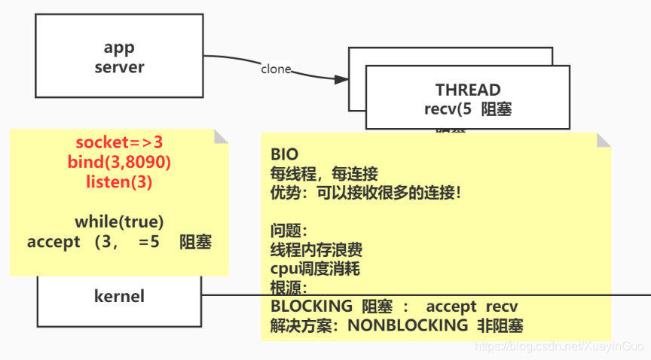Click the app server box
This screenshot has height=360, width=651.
click(x=119, y=56)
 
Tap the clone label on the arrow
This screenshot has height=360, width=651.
click(x=276, y=69)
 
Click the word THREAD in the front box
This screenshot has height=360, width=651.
click(x=468, y=90)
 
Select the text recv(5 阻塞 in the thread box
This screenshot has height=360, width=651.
click(x=468, y=108)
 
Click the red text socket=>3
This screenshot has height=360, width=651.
click(x=119, y=143)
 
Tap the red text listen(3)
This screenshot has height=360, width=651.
click(x=119, y=181)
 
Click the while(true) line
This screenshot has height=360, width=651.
click(x=119, y=221)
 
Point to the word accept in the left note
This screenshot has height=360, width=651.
click(x=53, y=242)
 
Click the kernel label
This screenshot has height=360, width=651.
click(x=119, y=296)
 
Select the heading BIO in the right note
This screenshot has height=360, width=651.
click(x=284, y=154)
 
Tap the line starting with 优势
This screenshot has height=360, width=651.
click(x=365, y=193)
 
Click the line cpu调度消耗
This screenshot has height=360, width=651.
click(x=316, y=268)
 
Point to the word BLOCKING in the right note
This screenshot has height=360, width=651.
click(x=311, y=307)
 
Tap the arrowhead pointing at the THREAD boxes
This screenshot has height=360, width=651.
click(x=342, y=78)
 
